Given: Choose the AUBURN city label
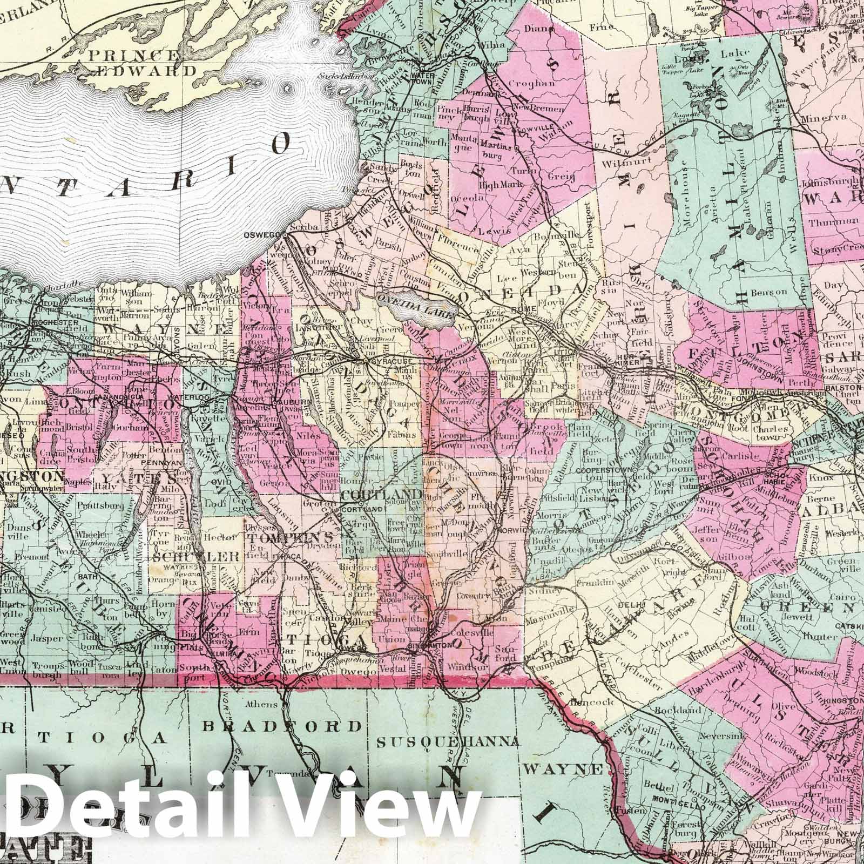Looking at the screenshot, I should tap(285, 402).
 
